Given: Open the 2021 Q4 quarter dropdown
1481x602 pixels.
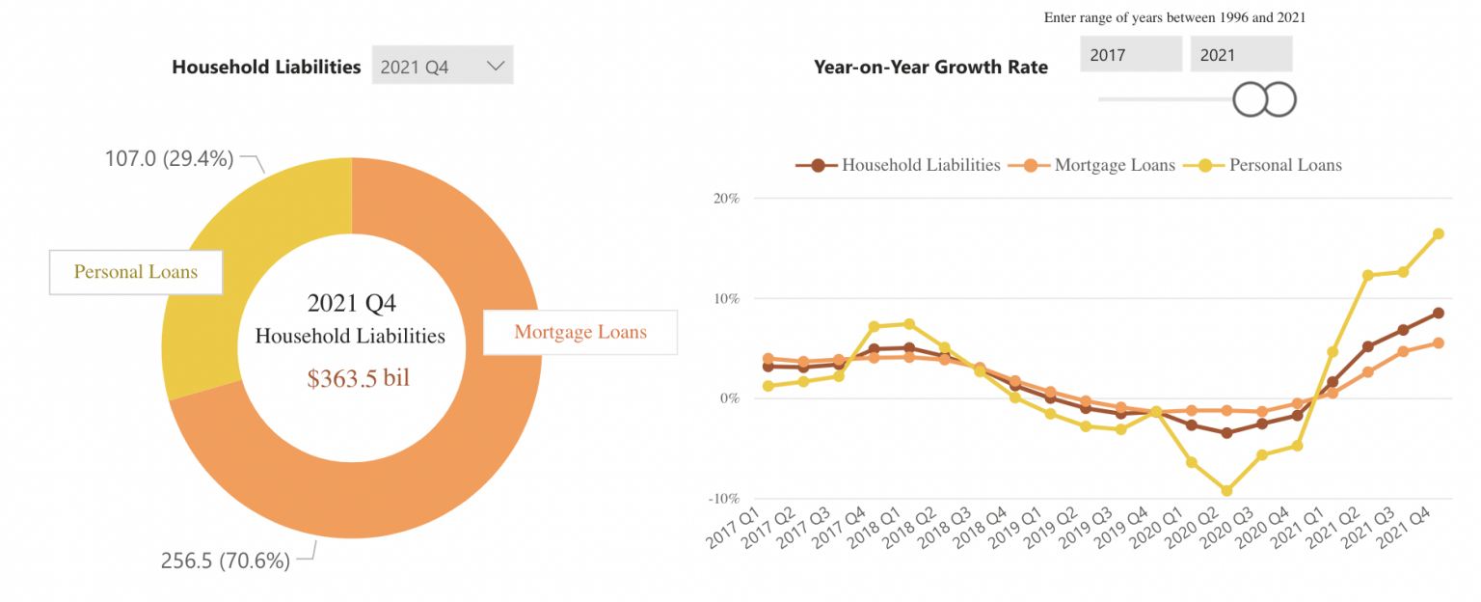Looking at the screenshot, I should point(443,67).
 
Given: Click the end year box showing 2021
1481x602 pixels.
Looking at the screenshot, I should point(1240,55).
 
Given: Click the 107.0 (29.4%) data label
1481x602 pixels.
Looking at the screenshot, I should point(169,159).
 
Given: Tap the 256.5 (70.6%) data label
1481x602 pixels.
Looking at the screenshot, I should point(224,561).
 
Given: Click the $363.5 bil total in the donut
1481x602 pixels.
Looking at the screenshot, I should point(358,378).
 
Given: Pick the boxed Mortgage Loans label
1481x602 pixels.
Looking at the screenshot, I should point(579,333).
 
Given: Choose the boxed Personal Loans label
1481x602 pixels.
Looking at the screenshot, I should point(136,272).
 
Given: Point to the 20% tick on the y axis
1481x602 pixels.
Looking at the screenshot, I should point(725,199).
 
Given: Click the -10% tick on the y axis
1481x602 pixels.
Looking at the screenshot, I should point(723,499).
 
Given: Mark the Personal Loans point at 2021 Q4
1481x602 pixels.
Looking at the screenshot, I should point(1438,233).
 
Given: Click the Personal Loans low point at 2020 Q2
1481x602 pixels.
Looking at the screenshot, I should point(1226,491).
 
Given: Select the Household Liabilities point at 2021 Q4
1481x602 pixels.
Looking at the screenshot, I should point(1438,313).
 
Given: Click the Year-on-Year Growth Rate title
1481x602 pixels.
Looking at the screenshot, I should point(930,68).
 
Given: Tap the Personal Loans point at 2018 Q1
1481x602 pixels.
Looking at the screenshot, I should point(908,324).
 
